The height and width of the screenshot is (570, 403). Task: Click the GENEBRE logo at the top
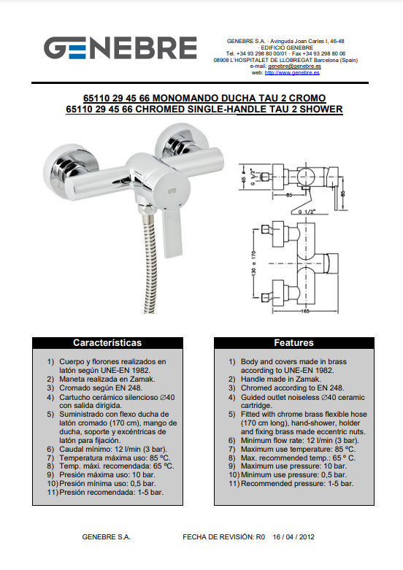[120, 47]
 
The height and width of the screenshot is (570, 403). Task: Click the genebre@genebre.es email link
[294, 66]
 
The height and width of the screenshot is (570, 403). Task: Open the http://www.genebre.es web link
[292, 72]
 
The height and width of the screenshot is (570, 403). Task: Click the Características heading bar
[107, 343]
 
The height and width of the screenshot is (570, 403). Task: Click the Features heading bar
[294, 343]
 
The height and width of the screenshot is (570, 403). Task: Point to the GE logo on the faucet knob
[172, 191]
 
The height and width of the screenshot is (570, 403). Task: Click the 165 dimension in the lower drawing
[305, 311]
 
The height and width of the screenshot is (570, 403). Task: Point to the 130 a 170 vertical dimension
[253, 263]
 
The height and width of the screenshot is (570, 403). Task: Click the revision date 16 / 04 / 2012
[293, 537]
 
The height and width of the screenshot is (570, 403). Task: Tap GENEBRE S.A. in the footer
[106, 537]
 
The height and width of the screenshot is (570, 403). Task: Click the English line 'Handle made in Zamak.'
[281, 380]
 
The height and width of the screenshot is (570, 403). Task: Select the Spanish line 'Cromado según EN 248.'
[101, 388]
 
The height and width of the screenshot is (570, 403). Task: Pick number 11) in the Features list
[234, 484]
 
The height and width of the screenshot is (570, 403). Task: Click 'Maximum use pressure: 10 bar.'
[294, 466]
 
